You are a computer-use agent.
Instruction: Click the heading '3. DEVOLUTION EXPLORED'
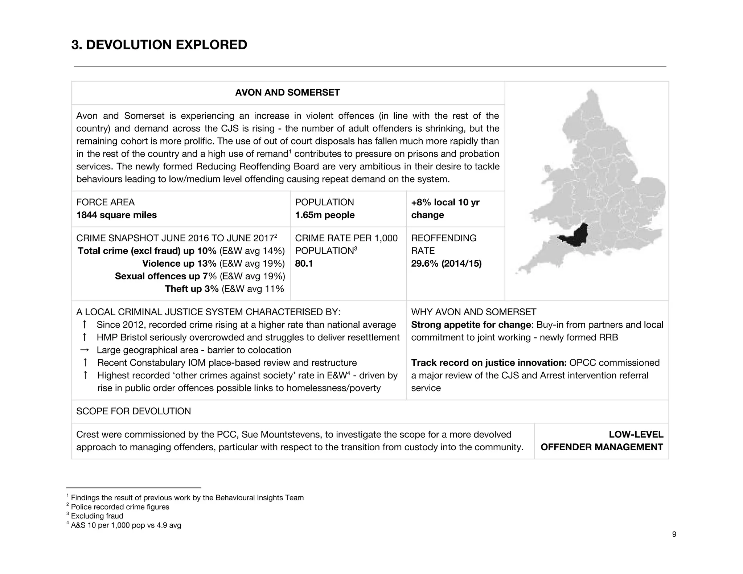pos(159,45)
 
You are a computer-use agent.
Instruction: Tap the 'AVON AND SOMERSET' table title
pos(287,93)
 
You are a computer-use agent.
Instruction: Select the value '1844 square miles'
pos(116,215)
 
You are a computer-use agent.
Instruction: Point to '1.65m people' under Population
pos(325,215)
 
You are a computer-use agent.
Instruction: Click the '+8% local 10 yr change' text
pos(445,209)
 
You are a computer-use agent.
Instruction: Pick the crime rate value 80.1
pos(304,264)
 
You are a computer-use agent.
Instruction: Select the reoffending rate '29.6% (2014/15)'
pos(446,264)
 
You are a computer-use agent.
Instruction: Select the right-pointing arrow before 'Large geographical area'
pos(85,350)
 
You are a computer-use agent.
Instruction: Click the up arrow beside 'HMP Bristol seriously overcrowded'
pos(85,337)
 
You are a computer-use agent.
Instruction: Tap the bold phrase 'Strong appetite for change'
pos(471,325)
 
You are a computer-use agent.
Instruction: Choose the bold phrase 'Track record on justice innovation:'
pos(489,363)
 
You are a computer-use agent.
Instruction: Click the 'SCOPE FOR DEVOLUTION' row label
pos(134,411)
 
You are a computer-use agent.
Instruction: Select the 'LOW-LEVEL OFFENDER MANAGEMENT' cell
pos(602,441)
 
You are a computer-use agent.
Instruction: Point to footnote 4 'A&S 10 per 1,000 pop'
pos(126,525)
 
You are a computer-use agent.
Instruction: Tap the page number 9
pos(674,534)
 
